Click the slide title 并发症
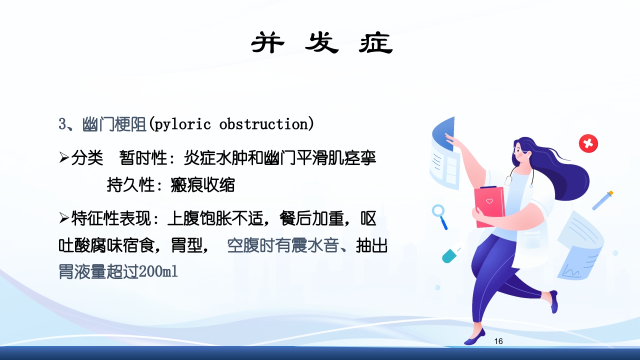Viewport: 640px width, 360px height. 321,43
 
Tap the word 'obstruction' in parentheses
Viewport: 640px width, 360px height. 263,124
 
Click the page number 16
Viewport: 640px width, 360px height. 498,341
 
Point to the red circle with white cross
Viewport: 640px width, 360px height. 588,143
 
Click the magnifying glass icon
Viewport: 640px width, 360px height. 440,215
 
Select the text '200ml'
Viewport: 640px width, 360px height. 158,272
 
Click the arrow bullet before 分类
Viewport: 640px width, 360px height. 63,158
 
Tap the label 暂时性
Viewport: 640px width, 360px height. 142,158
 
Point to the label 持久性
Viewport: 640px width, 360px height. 129,185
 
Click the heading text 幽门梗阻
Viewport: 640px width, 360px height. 114,124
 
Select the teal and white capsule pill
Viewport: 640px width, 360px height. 450,255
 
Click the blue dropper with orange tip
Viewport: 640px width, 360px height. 602,200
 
